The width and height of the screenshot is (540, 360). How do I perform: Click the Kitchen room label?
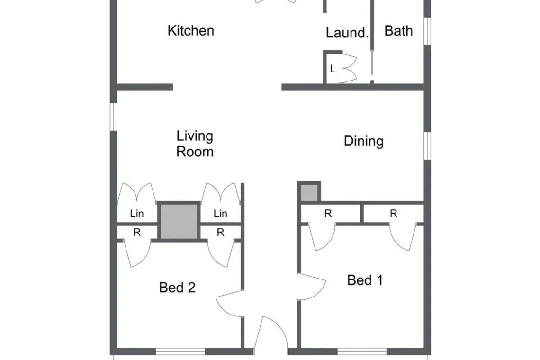[x=191, y=31]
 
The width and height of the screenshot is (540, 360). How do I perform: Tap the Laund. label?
[x=347, y=33]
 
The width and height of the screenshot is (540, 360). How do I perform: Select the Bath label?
[x=398, y=31]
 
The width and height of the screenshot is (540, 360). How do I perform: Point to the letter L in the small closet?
[x=333, y=69]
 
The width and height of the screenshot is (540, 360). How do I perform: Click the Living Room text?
[x=195, y=144]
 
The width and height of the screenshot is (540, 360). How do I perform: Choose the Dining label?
[x=364, y=141]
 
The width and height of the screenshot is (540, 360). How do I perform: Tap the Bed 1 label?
[x=365, y=280]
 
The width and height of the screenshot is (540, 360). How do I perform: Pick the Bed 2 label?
[x=177, y=288]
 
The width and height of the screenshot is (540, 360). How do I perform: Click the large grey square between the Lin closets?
[x=179, y=221]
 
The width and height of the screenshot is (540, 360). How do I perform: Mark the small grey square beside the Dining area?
[x=309, y=193]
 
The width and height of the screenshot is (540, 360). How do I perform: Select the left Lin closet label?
[x=137, y=214]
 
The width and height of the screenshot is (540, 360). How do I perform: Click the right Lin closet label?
[x=220, y=214]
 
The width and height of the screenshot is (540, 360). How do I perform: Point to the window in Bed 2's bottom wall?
[x=180, y=351]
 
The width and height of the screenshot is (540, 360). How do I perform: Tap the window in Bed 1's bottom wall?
[x=362, y=351]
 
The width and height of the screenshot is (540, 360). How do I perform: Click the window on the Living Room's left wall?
[x=113, y=117]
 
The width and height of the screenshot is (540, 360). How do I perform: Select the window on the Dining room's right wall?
[x=427, y=146]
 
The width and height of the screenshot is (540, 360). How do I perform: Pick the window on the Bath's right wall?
[x=427, y=31]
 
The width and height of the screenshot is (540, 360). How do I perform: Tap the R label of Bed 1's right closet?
[x=393, y=214]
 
